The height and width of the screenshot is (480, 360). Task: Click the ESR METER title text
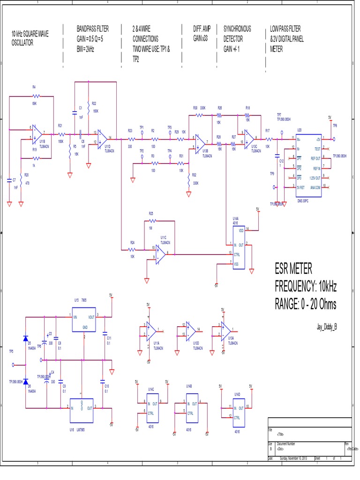tap(293, 269)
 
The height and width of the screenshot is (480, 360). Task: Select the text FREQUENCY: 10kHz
tap(305, 286)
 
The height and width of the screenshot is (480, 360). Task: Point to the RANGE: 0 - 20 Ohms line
tap(305, 304)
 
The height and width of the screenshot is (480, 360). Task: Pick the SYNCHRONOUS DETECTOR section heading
tap(237, 34)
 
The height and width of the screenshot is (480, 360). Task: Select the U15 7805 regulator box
tap(83, 321)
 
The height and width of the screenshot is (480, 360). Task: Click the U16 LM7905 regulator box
tap(82, 405)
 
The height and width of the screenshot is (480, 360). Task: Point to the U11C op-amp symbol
tap(161, 254)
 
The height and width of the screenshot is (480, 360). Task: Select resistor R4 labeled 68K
tap(33, 96)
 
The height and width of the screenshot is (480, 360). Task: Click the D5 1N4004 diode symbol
tap(26, 338)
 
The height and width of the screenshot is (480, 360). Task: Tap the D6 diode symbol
tap(26, 381)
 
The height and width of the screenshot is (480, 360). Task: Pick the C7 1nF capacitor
tap(10, 180)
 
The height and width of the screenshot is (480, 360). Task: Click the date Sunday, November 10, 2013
tap(293, 458)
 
